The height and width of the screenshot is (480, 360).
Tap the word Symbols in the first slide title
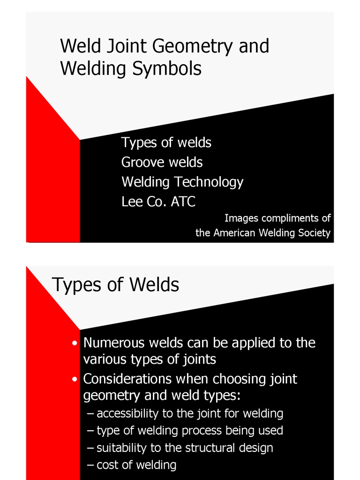pos(167,69)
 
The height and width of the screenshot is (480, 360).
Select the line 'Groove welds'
pos(162,162)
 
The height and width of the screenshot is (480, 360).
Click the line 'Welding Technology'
pos(182,182)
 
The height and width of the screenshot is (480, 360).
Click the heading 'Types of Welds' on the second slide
pos(115,285)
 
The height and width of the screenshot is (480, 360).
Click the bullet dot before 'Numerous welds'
pos(75,344)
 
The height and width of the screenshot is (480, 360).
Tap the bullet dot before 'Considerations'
pos(75,379)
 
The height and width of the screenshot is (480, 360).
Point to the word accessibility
pos(126,413)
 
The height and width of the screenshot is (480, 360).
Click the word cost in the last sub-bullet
pos(106,465)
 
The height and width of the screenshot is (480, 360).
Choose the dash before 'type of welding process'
pos(90,430)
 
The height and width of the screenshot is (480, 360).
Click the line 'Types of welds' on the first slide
pos(166,142)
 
